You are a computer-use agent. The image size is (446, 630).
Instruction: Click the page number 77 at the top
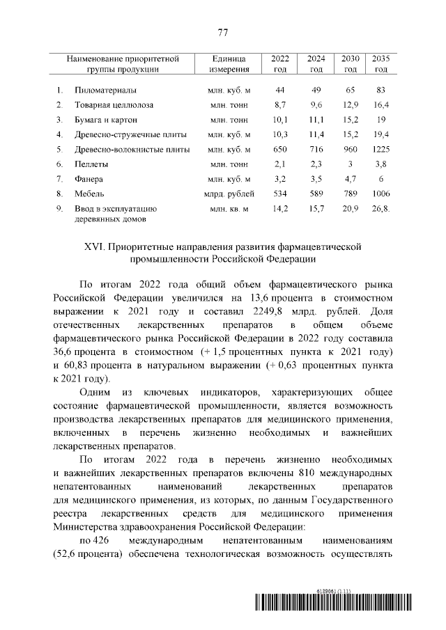click(x=223, y=33)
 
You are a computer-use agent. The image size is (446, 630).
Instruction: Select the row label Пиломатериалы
click(x=105, y=90)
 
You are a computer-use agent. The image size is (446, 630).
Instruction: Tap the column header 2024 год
click(x=316, y=63)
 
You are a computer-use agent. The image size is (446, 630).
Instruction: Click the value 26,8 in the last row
click(x=380, y=208)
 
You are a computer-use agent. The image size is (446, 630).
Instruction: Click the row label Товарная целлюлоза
click(x=114, y=105)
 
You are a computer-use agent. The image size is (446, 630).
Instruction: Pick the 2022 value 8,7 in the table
click(x=281, y=105)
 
